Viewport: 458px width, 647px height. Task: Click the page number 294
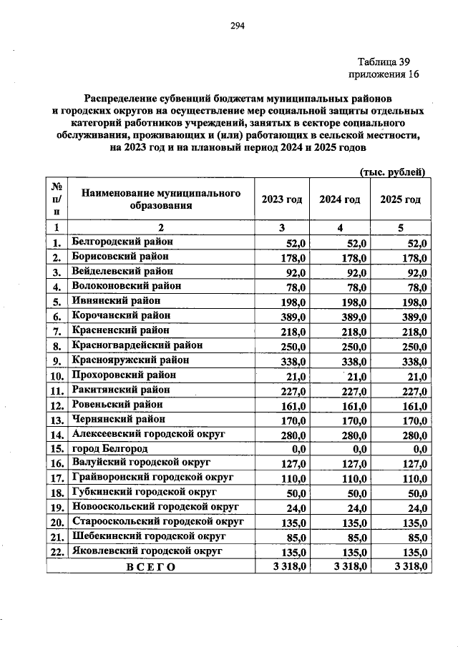pyautogui.click(x=238, y=26)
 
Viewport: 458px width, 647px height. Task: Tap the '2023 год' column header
pyautogui.click(x=281, y=199)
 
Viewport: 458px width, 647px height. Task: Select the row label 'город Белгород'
pyautogui.click(x=110, y=448)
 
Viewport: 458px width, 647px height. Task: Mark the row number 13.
pyautogui.click(x=57, y=419)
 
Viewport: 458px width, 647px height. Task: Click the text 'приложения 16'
pyautogui.click(x=383, y=74)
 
